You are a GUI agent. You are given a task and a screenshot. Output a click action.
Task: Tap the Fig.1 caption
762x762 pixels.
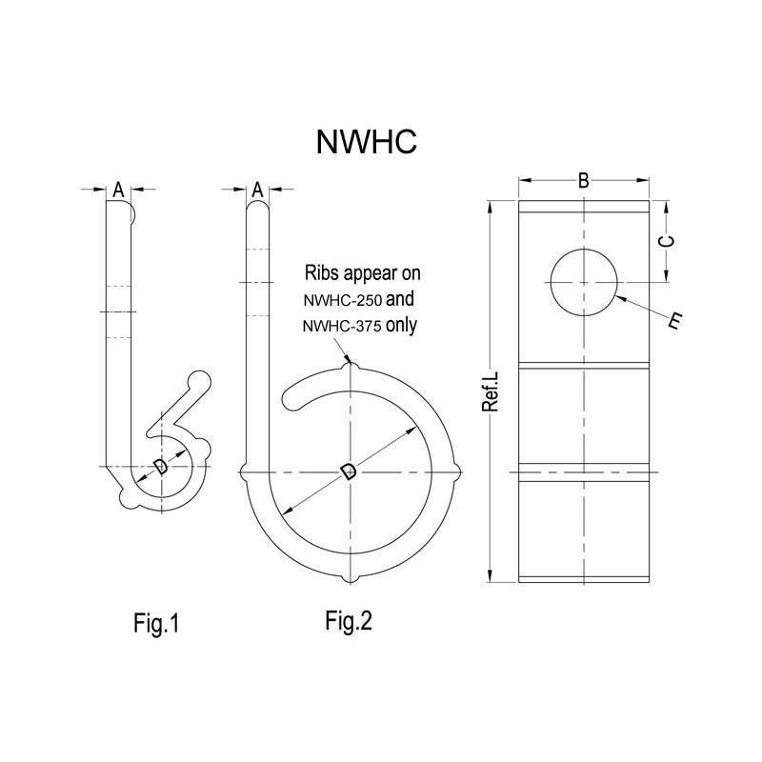pos(156,624)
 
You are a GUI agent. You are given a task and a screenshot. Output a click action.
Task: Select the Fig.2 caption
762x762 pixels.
pos(349,622)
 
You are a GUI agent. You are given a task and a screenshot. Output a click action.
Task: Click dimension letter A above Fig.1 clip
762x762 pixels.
pos(118,190)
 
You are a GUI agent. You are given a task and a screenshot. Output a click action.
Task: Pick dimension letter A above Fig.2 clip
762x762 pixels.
pos(256,190)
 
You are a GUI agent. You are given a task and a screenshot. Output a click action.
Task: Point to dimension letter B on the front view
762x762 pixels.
pos(584,180)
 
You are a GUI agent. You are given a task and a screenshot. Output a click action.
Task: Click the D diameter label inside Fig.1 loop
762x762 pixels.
pos(160,466)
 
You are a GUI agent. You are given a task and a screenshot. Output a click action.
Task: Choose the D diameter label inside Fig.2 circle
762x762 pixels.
pos(349,471)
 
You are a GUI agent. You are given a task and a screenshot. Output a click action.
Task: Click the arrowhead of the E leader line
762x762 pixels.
pos(620,299)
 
